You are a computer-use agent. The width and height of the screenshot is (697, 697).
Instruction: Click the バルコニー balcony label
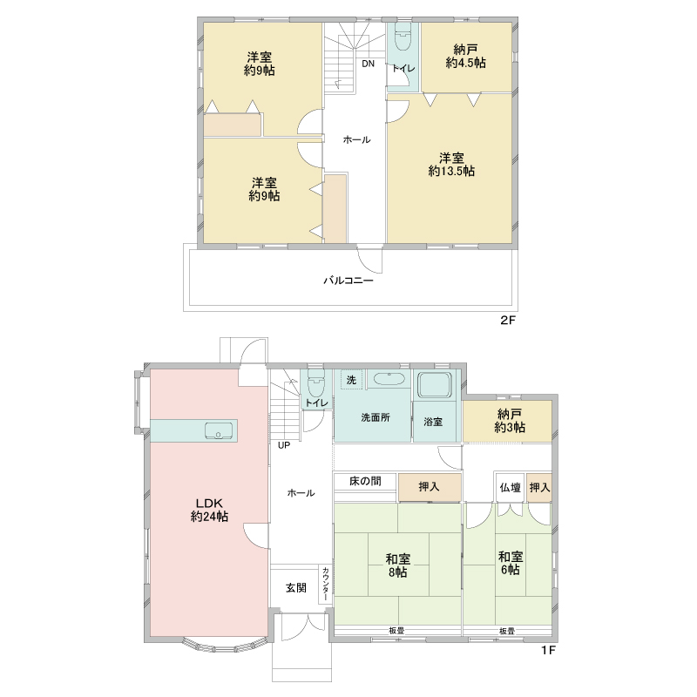tap(348, 281)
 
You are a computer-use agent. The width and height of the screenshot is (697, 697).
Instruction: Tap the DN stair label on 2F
tap(368, 64)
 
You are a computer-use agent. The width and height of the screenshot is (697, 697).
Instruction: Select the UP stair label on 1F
tap(284, 445)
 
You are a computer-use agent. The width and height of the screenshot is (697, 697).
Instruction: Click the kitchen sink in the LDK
tap(219, 430)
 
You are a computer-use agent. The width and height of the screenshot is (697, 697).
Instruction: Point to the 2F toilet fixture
tap(403, 37)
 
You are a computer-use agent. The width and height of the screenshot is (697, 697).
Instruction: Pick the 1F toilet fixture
tap(316, 383)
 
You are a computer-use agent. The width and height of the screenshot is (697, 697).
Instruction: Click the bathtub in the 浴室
tap(434, 384)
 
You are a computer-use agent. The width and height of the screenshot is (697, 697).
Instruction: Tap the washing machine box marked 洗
tap(352, 380)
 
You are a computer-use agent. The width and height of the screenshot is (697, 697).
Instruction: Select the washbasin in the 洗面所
tap(389, 379)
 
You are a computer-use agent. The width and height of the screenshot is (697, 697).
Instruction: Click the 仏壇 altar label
tap(511, 488)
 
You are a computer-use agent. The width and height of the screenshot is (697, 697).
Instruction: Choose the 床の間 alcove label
tap(365, 481)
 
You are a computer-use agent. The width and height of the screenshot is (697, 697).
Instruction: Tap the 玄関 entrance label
tap(296, 587)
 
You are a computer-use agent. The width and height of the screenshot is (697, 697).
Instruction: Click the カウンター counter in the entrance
tap(325, 584)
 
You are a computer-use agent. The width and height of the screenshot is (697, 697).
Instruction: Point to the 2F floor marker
tap(508, 320)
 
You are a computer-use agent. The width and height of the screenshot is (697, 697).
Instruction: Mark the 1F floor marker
tap(549, 650)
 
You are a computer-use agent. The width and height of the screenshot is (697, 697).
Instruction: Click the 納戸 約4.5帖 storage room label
tap(465, 57)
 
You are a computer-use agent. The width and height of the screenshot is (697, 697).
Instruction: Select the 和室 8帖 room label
tap(398, 565)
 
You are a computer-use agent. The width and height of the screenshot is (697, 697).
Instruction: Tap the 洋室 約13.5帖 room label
tap(451, 165)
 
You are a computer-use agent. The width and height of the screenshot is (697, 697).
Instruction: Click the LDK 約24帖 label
tap(209, 510)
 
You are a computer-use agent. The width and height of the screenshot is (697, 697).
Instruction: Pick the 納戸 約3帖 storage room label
tap(510, 421)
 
